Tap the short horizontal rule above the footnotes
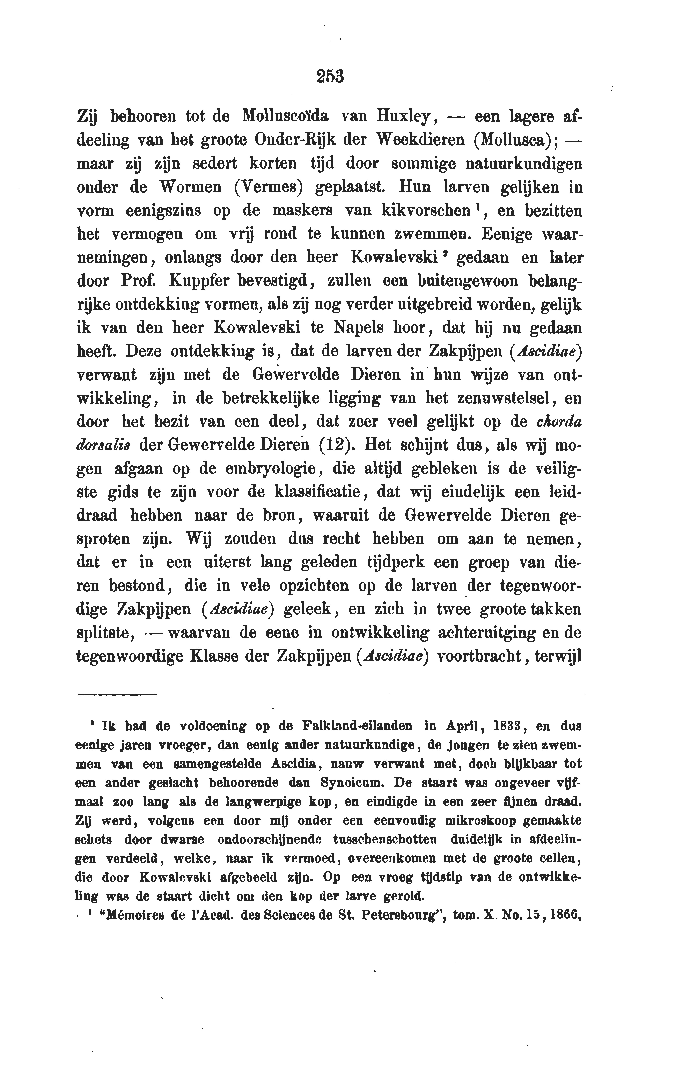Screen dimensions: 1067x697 pyautogui.click(x=117, y=695)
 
